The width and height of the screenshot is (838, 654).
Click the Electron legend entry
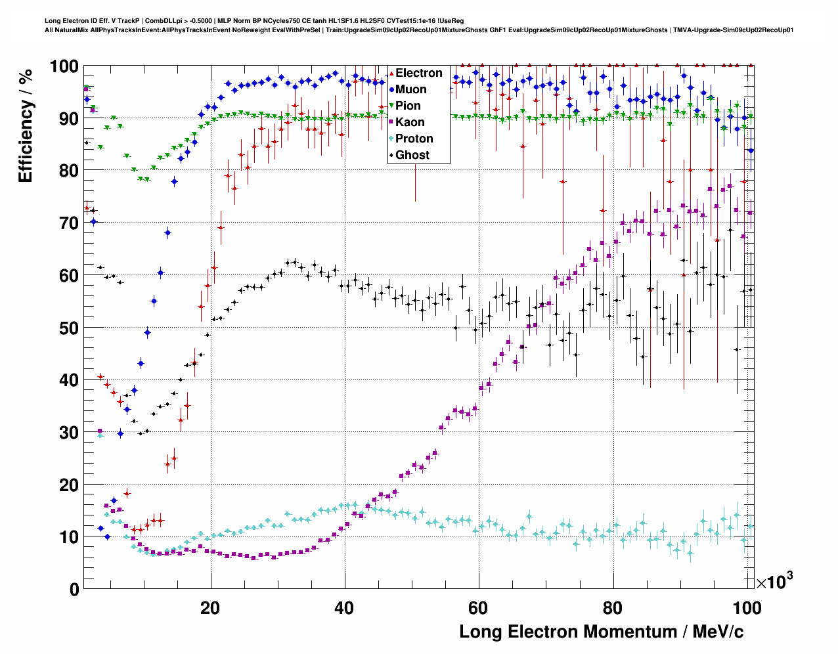tap(418, 73)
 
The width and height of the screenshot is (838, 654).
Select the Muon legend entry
tap(410, 89)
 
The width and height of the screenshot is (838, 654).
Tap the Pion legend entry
tap(408, 106)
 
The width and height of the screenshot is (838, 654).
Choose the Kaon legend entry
tap(410, 122)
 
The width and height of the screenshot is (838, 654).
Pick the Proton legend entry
tap(414, 139)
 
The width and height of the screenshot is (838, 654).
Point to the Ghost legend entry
tap(412, 155)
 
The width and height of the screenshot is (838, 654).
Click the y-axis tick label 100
tap(64, 66)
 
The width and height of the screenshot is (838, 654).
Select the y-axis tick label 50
tap(69, 328)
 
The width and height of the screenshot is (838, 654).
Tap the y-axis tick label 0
tap(74, 589)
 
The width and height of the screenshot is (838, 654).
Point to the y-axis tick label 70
tap(69, 223)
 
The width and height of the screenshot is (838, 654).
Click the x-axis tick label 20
tap(210, 607)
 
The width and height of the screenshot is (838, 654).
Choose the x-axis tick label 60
tap(478, 607)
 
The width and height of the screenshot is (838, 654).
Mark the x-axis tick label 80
tap(613, 607)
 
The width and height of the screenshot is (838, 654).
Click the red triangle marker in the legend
tap(391, 73)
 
